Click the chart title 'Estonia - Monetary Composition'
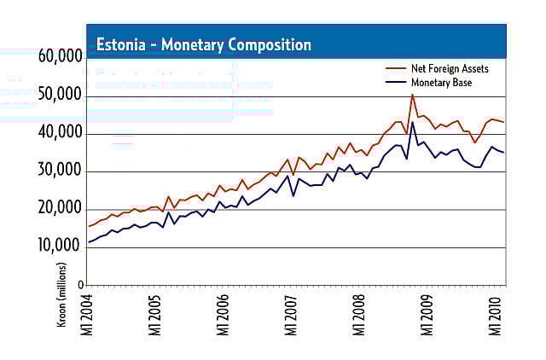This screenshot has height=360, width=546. click(203, 44)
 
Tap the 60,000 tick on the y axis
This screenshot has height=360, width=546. click(60, 58)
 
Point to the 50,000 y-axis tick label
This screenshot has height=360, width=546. click(60, 96)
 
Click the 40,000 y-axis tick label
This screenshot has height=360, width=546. click(60, 134)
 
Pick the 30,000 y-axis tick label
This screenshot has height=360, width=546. click(60, 172)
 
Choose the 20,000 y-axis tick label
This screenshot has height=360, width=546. click(60, 210)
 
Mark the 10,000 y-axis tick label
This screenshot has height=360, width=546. click(60, 248)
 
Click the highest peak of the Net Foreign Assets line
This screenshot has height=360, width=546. click(413, 95)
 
